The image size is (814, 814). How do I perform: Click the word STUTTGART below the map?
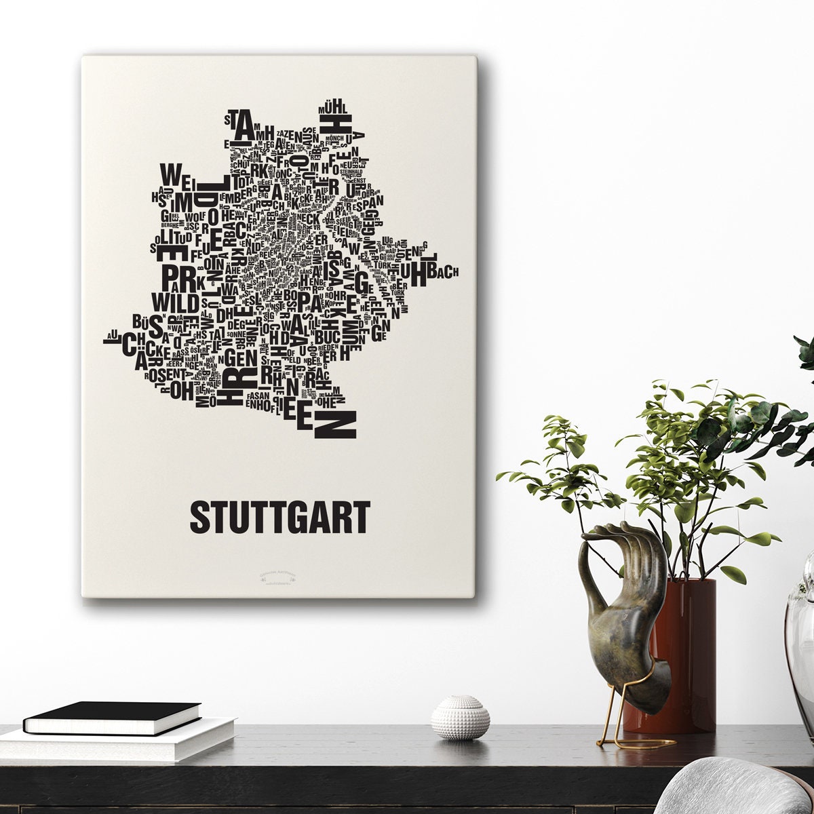pos(279,518)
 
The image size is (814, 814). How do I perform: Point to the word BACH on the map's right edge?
pos(444,271)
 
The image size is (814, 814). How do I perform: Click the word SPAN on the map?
pos(369,200)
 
